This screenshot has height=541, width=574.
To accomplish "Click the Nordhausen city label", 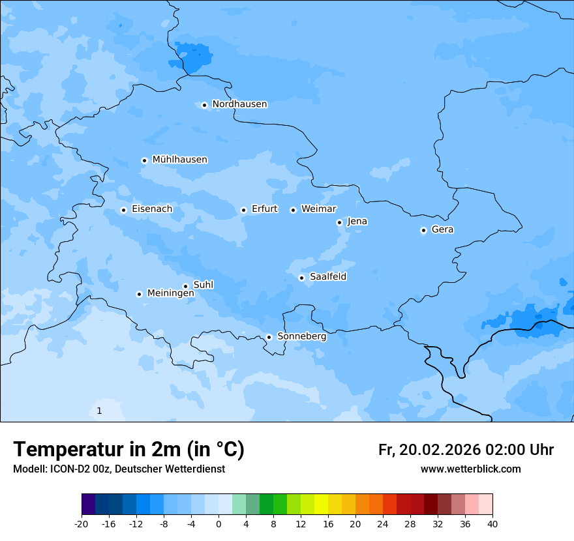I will pos(239,104).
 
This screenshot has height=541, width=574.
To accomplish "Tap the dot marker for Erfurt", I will pos(243,210).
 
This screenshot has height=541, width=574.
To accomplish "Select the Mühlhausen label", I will pos(179,160).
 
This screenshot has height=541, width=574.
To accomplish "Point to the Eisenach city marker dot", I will pos(123,210).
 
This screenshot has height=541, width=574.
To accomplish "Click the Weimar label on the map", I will pos(318,209).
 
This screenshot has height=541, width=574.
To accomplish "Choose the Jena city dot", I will pos(339,222).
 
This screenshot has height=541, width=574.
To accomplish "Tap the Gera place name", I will pos(442,229).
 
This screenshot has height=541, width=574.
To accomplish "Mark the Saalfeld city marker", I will pos(302,278).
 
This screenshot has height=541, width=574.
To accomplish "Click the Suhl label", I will pos(204,285).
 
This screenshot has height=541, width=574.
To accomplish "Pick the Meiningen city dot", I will pos(139,294).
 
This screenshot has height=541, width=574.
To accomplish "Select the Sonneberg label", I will pos(301,336).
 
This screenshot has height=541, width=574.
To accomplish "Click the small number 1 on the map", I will pos(99,411).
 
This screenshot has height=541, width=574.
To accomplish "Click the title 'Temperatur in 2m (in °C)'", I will pos(128,450).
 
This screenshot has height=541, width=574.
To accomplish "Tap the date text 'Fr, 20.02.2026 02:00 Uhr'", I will pos(466,450).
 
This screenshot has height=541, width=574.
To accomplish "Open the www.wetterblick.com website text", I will pos(470,469).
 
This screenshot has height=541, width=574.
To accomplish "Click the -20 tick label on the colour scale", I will pos(82,523).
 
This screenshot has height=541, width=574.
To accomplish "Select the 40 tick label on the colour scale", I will pos(492,523).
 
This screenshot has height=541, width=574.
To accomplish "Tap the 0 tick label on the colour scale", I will pos(219,523).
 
